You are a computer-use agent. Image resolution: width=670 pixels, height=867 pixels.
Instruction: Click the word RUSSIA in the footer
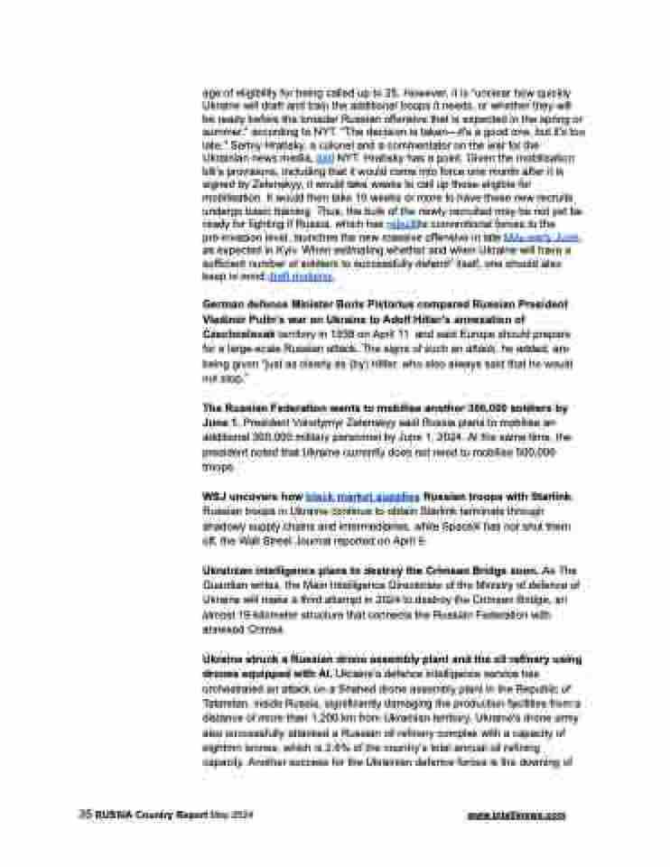[x=112, y=814]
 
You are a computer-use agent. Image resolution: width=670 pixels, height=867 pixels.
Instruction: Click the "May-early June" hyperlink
[x=544, y=236]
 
